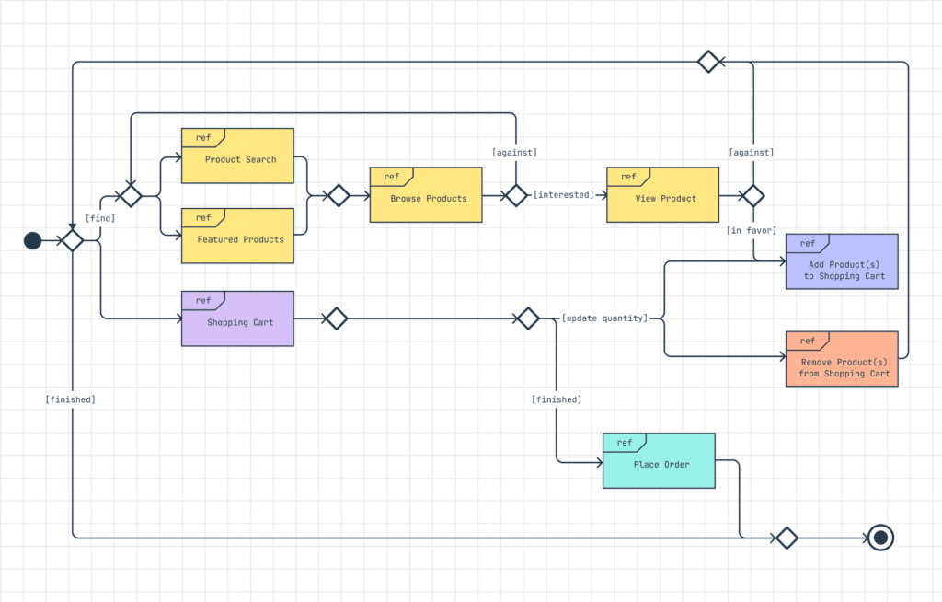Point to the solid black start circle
coord(32,240)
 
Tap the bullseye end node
coord(880,538)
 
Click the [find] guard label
coord(100,218)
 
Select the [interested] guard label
coord(564,195)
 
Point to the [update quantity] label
coord(604,318)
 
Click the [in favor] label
coord(752,230)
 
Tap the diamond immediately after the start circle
coord(72,240)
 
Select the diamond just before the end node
coord(786,538)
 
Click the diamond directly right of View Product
coord(753,195)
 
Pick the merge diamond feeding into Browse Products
coord(339,195)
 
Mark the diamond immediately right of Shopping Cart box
coord(336,318)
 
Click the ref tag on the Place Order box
coord(624,443)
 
